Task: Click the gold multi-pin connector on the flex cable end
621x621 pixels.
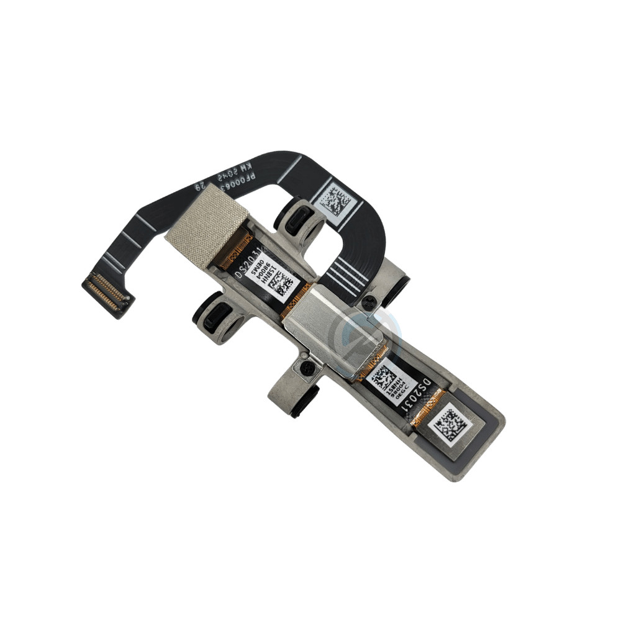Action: [107, 294]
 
